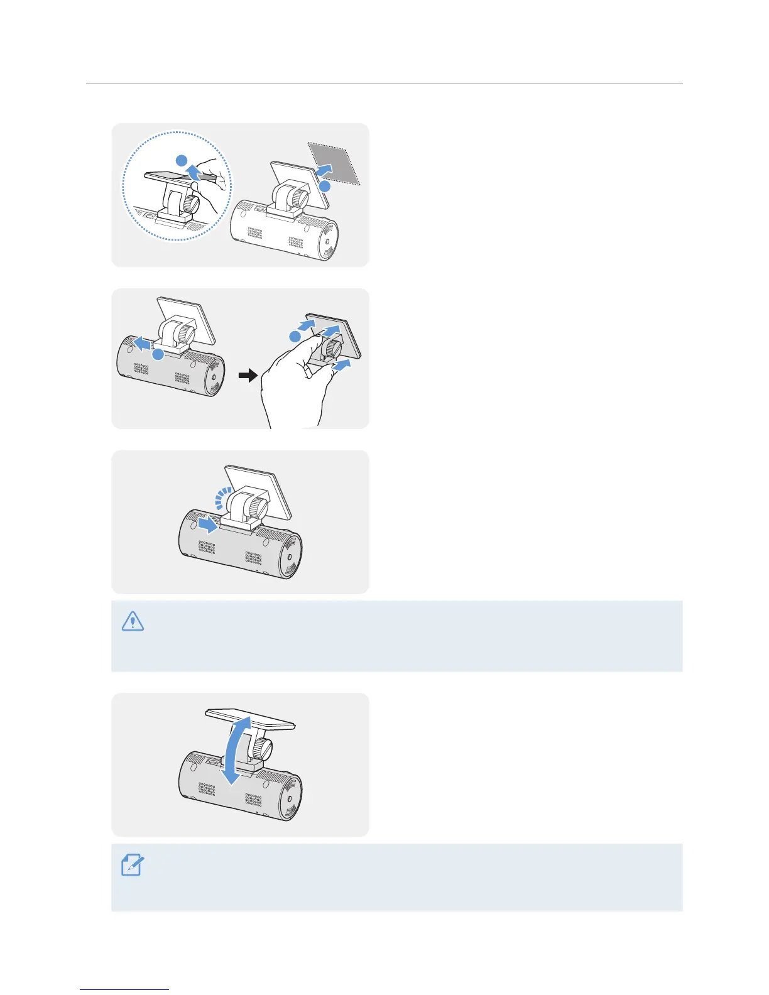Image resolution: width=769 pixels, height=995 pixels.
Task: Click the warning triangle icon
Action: (x=132, y=621)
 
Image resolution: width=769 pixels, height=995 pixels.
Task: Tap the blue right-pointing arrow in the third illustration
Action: (x=207, y=523)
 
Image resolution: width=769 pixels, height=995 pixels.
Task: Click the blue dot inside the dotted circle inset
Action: (x=181, y=160)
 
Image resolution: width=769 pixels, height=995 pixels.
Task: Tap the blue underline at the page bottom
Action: (x=124, y=989)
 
